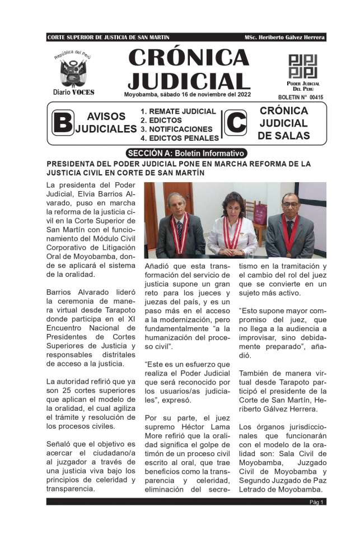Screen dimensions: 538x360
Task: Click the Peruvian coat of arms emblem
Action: (x=72, y=72)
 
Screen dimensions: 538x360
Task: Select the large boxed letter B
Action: (x=62, y=123)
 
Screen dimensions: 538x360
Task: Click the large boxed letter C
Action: (x=235, y=123)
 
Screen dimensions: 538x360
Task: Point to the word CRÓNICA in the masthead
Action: (x=189, y=58)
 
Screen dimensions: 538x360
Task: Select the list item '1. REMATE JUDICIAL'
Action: (x=178, y=112)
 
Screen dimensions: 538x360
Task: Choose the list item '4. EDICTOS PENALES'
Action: (x=179, y=137)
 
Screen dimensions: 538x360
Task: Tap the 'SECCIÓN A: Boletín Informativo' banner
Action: (x=186, y=153)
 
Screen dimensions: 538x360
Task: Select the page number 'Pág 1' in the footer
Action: (x=317, y=502)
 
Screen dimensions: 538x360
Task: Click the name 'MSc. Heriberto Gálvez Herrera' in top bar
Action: (x=284, y=38)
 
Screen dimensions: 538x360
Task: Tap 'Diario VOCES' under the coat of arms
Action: (x=73, y=92)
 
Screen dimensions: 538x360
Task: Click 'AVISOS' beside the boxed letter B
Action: (x=106, y=117)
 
